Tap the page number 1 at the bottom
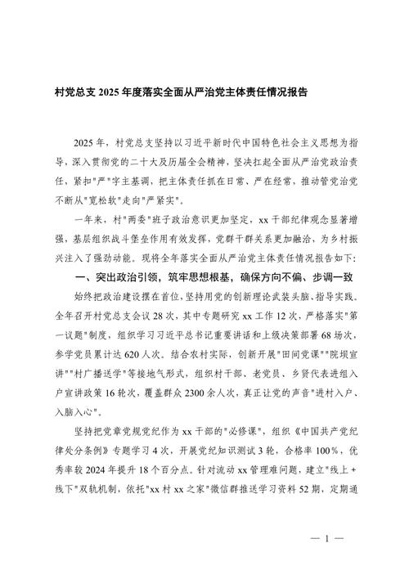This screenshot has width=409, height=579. (326, 539)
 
